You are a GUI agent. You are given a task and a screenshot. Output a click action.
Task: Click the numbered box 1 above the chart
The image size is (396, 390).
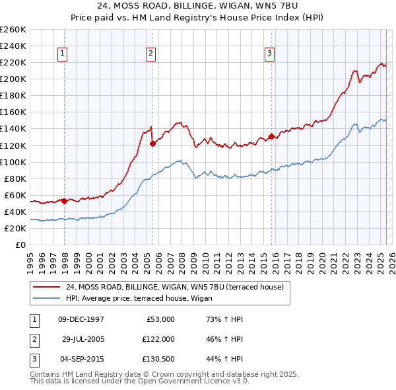tap(62, 54)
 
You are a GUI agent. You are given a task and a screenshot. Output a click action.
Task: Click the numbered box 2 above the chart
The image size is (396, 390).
tap(151, 54)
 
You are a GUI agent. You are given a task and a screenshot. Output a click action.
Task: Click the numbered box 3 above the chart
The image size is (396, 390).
tap(270, 54)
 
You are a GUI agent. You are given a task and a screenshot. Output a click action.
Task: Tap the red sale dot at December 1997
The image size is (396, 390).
tap(64, 201)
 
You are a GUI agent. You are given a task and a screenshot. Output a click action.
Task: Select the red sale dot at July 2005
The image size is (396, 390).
tap(152, 143)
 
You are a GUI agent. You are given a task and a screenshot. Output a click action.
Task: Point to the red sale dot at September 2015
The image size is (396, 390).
tap(271, 137)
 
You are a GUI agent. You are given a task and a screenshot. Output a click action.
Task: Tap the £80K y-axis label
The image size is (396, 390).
tap(15, 178)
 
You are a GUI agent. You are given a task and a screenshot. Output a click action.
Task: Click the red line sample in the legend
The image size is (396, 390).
tap(46, 287)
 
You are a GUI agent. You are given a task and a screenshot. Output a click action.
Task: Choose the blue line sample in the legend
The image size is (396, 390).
tap(46, 298)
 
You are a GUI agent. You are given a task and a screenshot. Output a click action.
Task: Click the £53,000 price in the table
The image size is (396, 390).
tap(160, 319)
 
